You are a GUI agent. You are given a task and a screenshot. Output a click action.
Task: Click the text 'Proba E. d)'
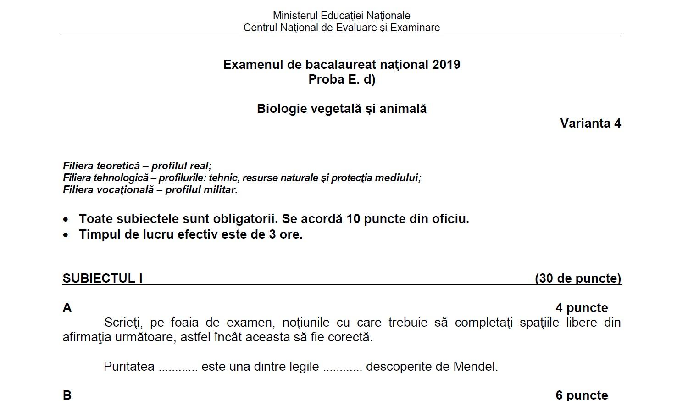point(342,79)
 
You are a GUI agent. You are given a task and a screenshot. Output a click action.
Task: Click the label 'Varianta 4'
point(590,123)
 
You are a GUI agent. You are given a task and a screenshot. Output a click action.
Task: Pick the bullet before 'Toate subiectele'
point(66,219)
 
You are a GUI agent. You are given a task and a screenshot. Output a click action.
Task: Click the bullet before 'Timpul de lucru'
point(66,235)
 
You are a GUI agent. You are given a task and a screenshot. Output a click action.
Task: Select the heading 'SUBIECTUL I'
point(102,278)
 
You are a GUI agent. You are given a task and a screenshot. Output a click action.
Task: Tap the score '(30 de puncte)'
point(578,278)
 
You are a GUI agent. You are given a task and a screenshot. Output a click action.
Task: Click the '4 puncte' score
point(582,308)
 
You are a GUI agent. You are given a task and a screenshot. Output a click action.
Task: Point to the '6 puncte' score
point(582,395)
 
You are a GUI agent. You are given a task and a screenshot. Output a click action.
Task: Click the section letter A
point(67,308)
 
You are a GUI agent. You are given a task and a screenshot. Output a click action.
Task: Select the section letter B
point(67,395)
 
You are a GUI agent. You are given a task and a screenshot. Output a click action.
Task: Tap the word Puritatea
point(129,367)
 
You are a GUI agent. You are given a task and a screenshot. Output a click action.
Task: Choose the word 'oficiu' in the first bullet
point(449,219)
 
